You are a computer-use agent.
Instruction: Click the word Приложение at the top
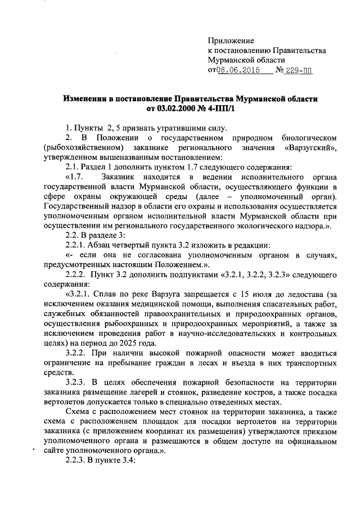(231, 40)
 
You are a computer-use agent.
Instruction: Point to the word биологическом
(307, 137)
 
